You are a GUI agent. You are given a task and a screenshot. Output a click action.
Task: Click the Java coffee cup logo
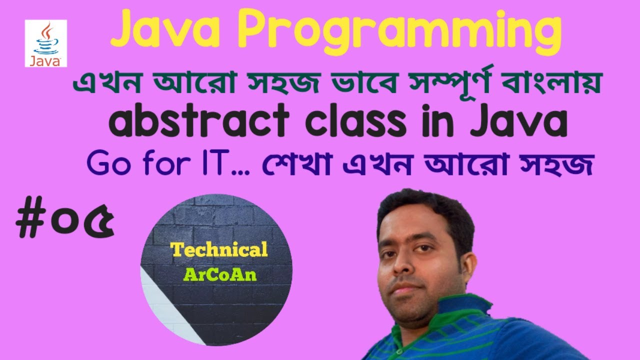pos(45,40)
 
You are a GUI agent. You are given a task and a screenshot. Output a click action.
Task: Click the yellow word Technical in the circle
pos(219,250)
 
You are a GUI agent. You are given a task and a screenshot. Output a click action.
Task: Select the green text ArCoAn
pos(220,274)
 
